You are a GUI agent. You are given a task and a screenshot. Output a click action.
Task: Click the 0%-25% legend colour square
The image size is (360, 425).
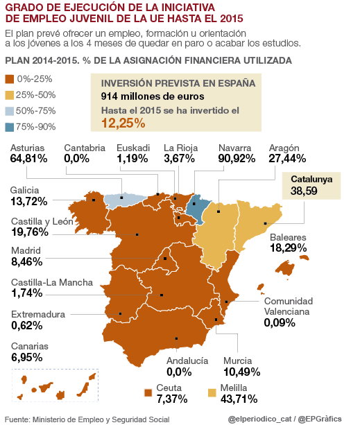tap(9, 80)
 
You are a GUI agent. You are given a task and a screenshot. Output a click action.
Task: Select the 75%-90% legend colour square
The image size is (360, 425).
tap(9, 127)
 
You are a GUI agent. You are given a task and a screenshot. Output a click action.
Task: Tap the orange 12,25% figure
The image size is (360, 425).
tap(123, 123)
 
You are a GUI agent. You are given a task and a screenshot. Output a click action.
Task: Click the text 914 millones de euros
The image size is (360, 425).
tap(153, 96)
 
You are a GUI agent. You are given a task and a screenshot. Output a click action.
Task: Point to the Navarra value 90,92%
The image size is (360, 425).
tap(237, 159)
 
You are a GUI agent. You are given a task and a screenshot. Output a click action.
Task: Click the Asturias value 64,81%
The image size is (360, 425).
tap(28, 159)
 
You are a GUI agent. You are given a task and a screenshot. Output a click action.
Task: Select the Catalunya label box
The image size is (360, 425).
tap(311, 186)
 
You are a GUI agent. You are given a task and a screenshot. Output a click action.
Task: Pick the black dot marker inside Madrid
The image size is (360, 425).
tap(165, 259)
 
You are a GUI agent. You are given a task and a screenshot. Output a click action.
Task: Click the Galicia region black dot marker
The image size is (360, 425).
tap(94, 200)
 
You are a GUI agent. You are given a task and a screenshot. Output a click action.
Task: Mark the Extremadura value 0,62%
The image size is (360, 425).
tap(27, 326)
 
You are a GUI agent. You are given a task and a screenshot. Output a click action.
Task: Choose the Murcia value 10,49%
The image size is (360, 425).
tap(242, 372)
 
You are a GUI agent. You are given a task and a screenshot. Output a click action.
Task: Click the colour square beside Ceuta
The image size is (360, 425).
tap(148, 392)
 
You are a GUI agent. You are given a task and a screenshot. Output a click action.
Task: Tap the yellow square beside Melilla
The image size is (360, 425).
tap(212, 392)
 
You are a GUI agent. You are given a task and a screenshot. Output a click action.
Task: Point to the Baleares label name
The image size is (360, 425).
tap(288, 237)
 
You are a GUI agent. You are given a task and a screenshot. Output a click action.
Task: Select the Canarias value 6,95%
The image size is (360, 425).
tap(27, 358)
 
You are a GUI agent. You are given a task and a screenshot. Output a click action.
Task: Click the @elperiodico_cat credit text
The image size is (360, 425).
tap(259, 419)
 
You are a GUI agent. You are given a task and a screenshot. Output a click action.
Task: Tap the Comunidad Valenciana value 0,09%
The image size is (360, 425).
tap(280, 323)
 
